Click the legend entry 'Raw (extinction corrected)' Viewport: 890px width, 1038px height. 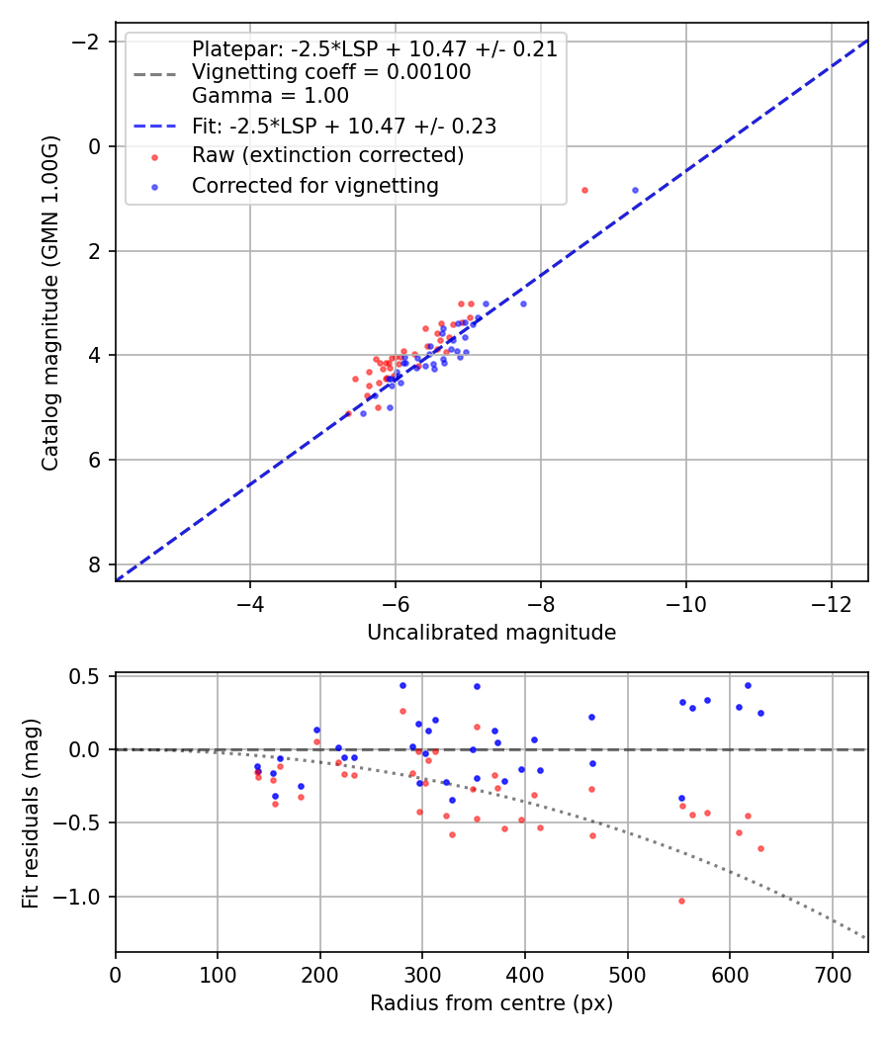pos(327,155)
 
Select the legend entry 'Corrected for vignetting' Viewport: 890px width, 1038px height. pos(314,185)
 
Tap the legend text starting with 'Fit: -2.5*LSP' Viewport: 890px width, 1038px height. pos(343,126)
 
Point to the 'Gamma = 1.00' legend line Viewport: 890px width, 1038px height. pos(270,96)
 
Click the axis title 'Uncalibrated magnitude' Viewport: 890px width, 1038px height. pos(491,633)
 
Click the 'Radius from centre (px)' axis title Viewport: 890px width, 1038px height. pos(491,1003)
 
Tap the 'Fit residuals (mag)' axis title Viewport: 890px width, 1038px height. pos(31,813)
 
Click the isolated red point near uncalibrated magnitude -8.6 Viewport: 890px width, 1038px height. pos(584,190)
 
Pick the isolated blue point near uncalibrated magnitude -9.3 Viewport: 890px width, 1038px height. pos(635,190)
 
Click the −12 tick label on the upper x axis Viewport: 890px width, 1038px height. pos(831,604)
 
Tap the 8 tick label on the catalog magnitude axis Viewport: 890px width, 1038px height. pos(96,564)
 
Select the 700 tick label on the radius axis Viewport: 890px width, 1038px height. pos(832,975)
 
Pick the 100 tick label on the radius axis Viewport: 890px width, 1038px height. pos(218,975)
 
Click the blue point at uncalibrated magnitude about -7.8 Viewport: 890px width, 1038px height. pos(523,303)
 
